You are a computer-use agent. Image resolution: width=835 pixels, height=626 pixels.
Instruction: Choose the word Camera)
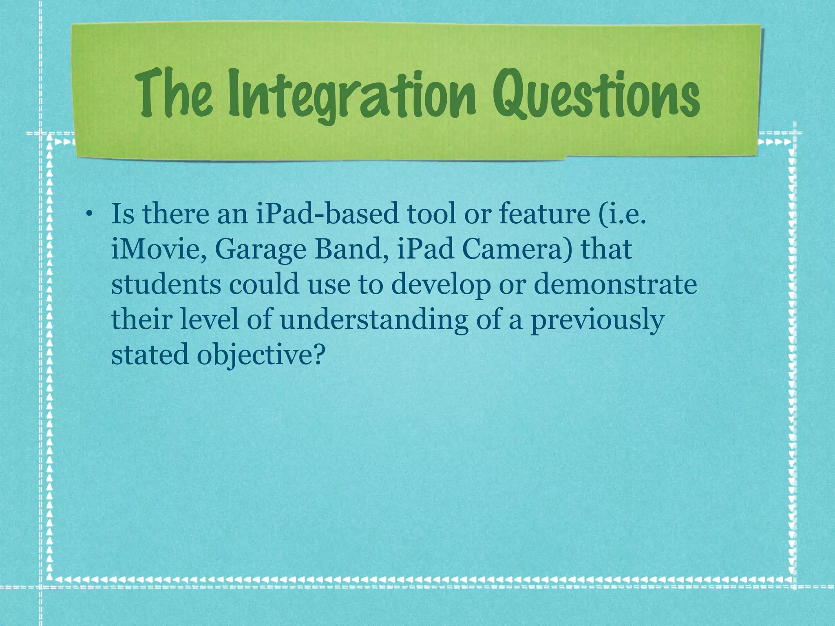click(x=517, y=250)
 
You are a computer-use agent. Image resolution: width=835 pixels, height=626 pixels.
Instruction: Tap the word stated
click(x=149, y=355)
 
